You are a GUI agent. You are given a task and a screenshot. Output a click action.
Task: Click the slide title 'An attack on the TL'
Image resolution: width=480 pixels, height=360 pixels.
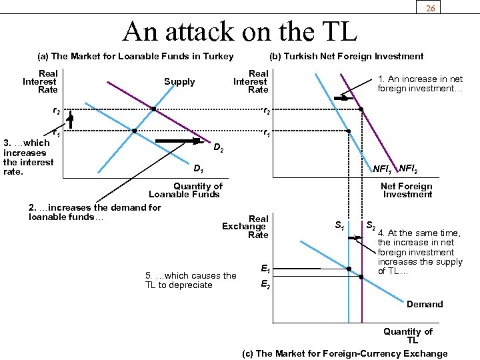pyautogui.click(x=240, y=31)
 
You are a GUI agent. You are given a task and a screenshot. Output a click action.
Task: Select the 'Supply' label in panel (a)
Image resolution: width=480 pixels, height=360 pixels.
pyautogui.click(x=179, y=82)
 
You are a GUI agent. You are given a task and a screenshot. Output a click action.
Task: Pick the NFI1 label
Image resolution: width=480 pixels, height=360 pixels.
pyautogui.click(x=383, y=169)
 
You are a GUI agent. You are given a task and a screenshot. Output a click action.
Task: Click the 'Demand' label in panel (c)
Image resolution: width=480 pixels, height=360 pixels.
pyautogui.click(x=425, y=304)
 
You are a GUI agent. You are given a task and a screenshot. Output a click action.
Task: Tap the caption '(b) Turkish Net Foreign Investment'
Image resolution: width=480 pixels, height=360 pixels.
pyautogui.click(x=345, y=56)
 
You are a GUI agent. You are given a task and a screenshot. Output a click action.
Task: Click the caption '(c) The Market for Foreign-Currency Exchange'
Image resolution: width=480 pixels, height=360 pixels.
pyautogui.click(x=345, y=353)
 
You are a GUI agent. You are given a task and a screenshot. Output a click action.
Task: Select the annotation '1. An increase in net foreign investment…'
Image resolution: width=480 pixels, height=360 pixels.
pyautogui.click(x=420, y=83)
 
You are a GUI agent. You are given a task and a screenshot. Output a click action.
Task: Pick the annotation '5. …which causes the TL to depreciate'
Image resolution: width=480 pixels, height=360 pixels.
pyautogui.click(x=190, y=280)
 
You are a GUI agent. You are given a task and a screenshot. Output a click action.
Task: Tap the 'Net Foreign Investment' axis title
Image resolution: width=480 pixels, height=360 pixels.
pyautogui.click(x=407, y=190)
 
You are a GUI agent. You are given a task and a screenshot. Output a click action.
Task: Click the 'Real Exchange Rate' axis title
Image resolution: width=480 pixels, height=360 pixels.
pyautogui.click(x=247, y=227)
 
